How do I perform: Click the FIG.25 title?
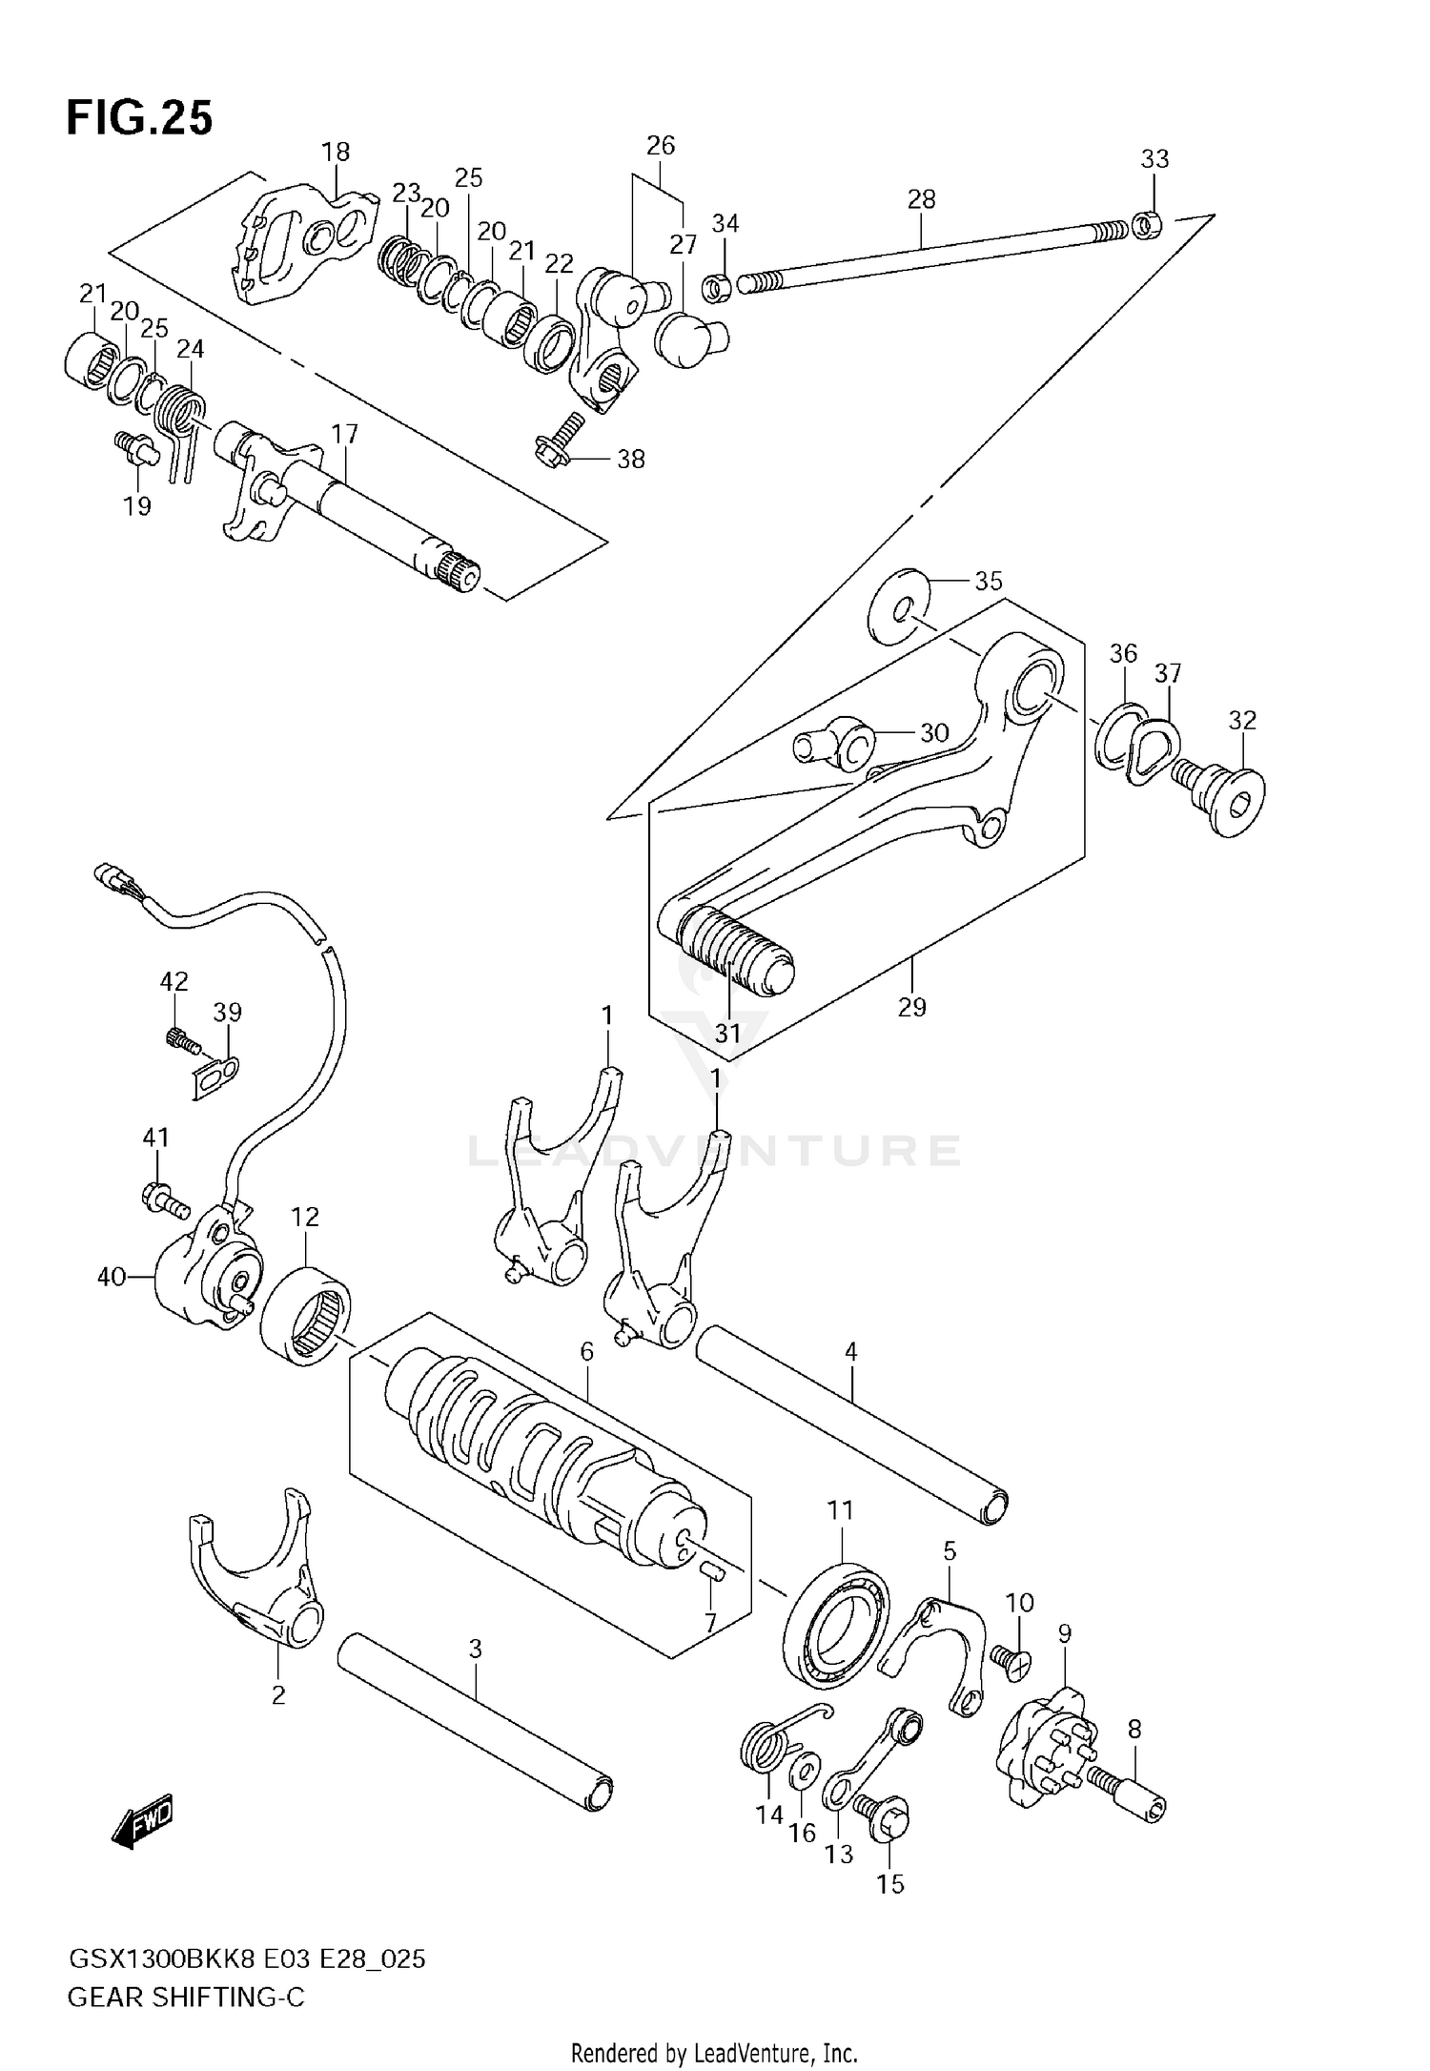(x=139, y=119)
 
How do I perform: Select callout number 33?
(x=1154, y=158)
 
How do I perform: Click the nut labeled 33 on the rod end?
(x=1146, y=226)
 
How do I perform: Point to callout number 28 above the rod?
(x=921, y=199)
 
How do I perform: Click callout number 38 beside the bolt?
(x=630, y=460)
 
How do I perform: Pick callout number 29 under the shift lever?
(x=911, y=1007)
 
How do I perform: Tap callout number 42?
(x=174, y=981)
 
